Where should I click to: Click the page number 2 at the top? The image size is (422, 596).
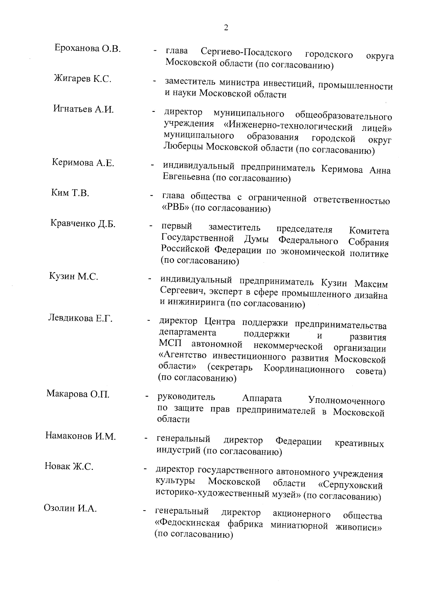(226, 28)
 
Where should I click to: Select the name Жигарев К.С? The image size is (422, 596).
(83, 78)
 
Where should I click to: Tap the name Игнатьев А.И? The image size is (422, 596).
(84, 109)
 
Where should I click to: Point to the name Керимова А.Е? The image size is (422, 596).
(83, 163)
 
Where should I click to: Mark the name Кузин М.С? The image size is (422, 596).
(73, 276)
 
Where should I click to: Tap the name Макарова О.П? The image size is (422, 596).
(78, 394)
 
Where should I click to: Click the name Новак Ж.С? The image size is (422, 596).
(69, 466)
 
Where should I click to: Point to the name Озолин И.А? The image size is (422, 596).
(70, 508)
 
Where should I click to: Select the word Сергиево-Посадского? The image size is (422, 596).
(246, 53)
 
